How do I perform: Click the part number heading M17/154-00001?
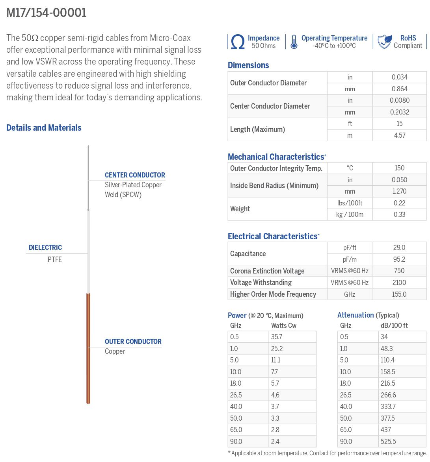tap(47, 13)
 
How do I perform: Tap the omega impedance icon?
tap(238, 42)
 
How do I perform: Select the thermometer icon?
tap(294, 42)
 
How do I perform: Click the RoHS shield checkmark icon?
tap(384, 41)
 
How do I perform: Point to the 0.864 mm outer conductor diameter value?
tap(399, 89)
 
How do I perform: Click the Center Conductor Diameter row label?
tap(270, 106)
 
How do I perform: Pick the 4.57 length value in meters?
tap(399, 135)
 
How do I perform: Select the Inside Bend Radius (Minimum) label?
tap(274, 186)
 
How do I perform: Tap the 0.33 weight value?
tap(399, 214)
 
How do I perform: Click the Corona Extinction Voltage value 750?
tap(399, 271)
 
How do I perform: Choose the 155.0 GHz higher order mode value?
tap(399, 294)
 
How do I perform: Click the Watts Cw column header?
tap(284, 325)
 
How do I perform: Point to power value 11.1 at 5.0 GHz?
tap(276, 360)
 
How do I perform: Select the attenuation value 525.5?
tap(388, 442)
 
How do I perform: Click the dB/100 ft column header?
tap(394, 325)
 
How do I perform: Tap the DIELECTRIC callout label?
tap(45, 248)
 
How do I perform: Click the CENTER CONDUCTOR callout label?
tap(135, 175)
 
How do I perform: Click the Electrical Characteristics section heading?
tap(273, 237)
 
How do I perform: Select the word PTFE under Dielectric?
tap(55, 260)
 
